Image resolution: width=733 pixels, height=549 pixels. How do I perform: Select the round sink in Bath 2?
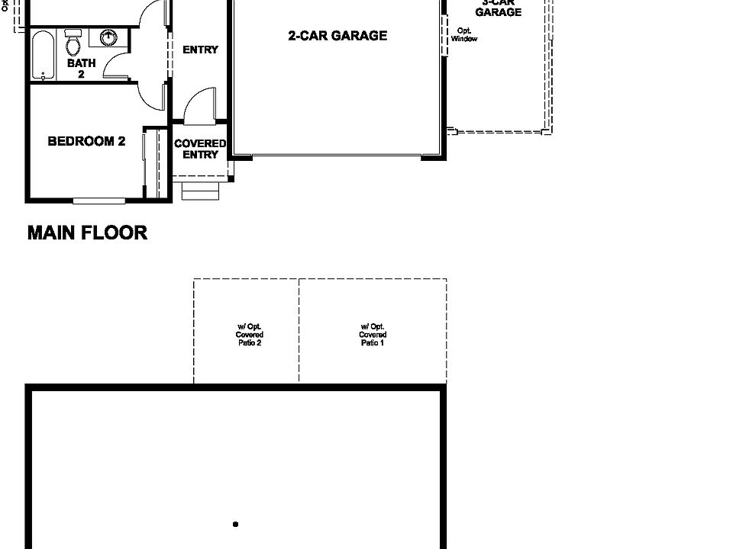coord(108,37)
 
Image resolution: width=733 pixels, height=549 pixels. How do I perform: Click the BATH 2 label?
coord(81,69)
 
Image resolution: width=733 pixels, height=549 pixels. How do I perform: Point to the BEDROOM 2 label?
coord(86,141)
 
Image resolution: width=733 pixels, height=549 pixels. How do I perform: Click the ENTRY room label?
coord(200,50)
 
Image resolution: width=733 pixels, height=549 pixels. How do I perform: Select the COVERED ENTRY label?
coord(200,149)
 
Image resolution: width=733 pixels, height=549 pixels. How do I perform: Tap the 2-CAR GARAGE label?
coord(337,35)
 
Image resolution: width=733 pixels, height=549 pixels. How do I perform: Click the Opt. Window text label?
coord(463,34)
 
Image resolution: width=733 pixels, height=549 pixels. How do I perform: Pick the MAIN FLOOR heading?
coord(87,233)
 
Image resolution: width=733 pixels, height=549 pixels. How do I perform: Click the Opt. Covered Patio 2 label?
coord(249,335)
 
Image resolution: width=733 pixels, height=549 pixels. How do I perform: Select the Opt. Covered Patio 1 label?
coord(373,335)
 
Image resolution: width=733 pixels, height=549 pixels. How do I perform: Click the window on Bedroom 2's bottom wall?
coord(98,201)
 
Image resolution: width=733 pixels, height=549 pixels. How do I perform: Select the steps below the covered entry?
coord(200,190)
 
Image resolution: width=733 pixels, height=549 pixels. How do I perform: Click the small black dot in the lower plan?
coord(235,524)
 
